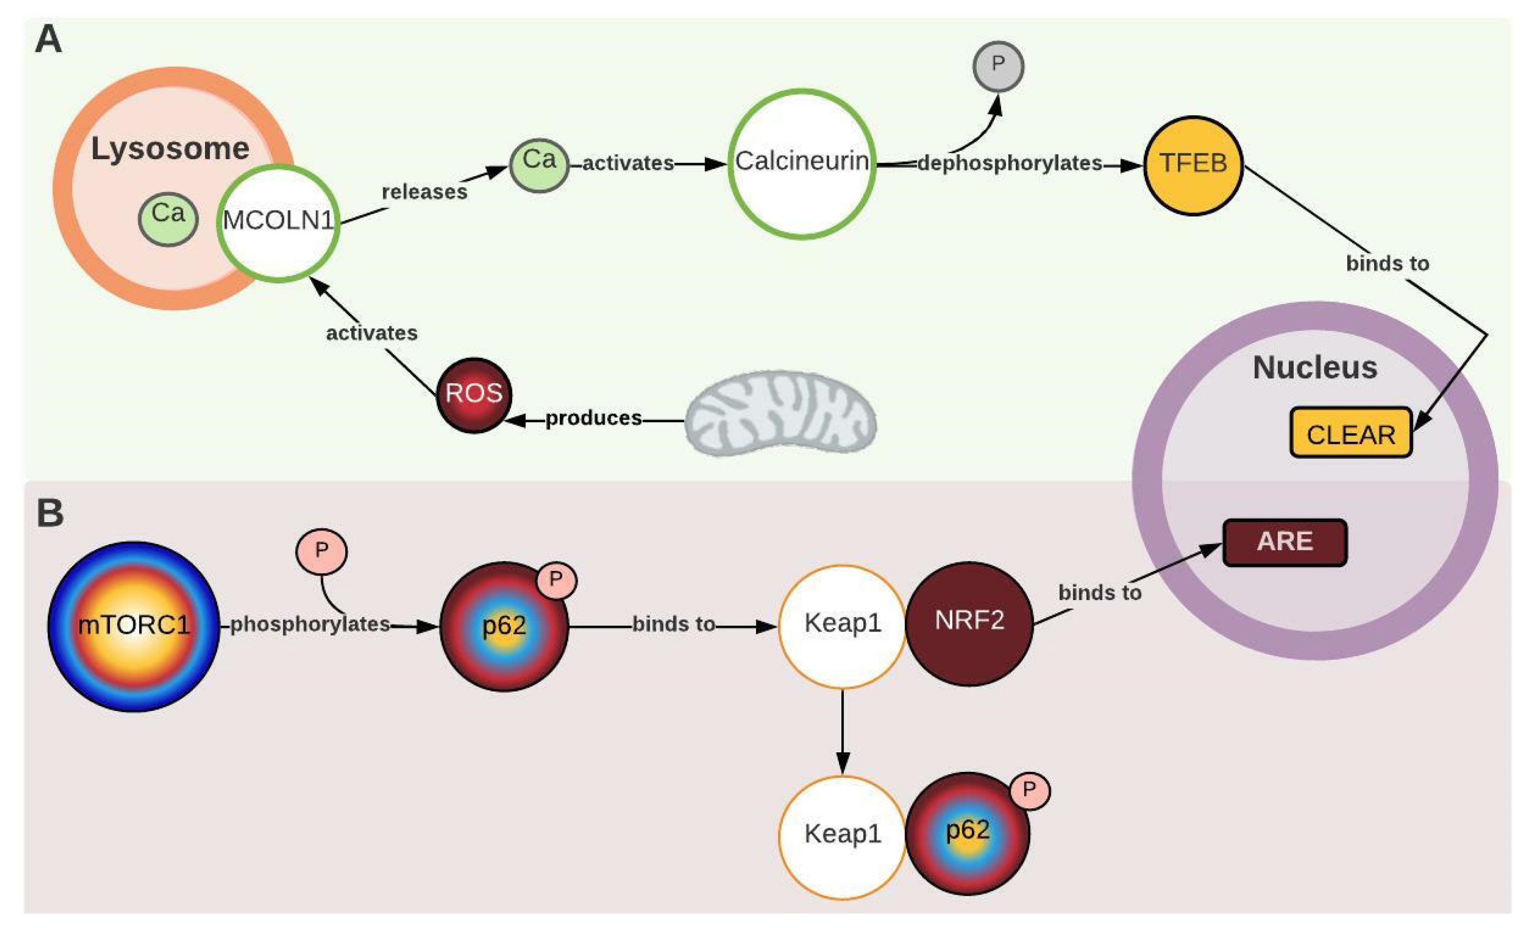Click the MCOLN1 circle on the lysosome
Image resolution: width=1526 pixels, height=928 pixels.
(278, 223)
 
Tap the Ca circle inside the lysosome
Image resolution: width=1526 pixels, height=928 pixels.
(168, 218)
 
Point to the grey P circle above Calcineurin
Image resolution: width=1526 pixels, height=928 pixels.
(998, 66)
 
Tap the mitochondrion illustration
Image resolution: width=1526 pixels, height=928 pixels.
(781, 414)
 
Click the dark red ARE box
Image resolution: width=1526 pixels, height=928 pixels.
(1284, 542)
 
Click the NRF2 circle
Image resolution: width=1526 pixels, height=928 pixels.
(968, 623)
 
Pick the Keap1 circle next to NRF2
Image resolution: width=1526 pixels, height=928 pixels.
(842, 625)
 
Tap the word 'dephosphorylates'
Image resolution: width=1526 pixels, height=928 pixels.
(1009, 164)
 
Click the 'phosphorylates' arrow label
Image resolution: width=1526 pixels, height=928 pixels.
(310, 624)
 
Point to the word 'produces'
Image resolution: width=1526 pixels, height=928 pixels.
(593, 419)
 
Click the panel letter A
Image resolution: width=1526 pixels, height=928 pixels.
(48, 39)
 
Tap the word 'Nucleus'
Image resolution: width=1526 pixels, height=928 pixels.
(1315, 368)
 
